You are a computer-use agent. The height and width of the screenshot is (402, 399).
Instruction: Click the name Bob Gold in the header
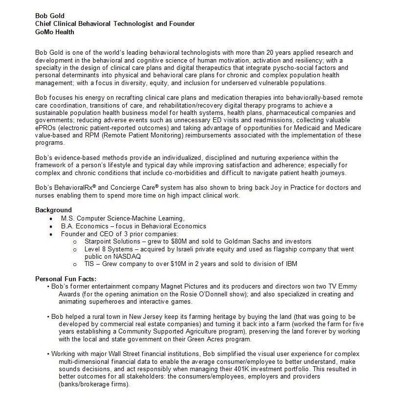click(49, 15)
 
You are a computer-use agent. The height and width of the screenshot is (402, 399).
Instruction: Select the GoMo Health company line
click(55, 32)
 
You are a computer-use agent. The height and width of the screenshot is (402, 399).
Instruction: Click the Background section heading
click(53, 210)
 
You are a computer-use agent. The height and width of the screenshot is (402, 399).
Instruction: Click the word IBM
click(290, 264)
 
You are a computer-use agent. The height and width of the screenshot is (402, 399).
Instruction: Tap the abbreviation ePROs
click(45, 128)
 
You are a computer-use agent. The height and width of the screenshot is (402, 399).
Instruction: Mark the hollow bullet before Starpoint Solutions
click(74, 242)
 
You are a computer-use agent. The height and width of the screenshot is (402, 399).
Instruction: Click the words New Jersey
click(166, 316)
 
